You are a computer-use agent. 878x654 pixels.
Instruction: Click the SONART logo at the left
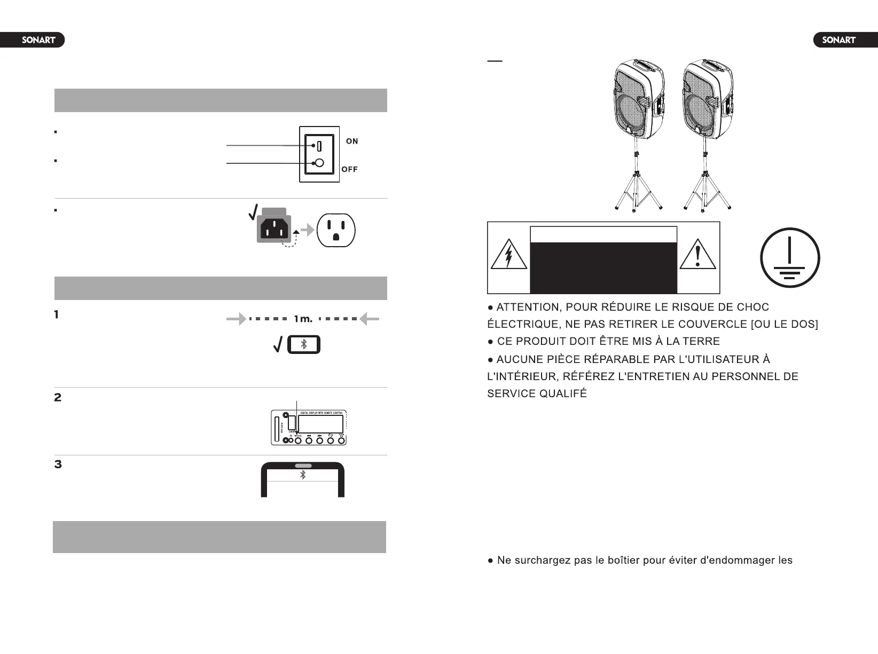[38, 40]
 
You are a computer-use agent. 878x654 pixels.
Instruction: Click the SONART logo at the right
[838, 40]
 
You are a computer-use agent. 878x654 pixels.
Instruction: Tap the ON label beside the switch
[352, 141]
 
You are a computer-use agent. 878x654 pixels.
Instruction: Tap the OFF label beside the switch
[349, 170]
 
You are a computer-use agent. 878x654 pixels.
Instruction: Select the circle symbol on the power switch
[319, 163]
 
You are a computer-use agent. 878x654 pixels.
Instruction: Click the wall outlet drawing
[336, 230]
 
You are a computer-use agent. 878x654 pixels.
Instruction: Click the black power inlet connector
[274, 228]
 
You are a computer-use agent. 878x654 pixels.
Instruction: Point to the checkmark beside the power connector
[254, 212]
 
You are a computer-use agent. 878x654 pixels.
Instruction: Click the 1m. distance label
[303, 319]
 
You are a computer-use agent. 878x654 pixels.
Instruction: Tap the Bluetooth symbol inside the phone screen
[303, 475]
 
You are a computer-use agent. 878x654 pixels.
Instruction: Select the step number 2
[58, 398]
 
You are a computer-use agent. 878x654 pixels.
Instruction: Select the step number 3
[58, 464]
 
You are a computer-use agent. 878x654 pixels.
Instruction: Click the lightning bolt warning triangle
[509, 255]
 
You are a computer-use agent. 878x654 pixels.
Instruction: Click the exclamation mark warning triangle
[697, 255]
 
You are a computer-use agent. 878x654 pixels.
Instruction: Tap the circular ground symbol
[790, 258]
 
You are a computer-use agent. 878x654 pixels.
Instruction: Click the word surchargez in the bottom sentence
[542, 561]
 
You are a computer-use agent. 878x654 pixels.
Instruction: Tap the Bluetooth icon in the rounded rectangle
[304, 345]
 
